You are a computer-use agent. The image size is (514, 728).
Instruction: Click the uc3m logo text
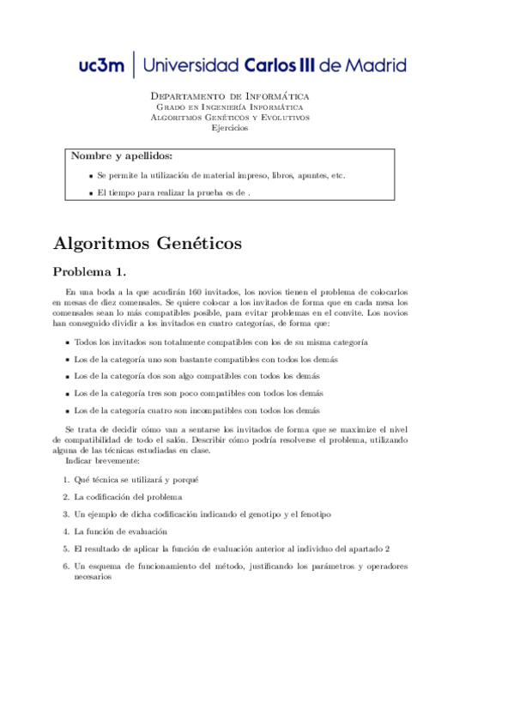click(101, 65)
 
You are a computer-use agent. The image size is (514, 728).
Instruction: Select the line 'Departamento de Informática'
click(230, 96)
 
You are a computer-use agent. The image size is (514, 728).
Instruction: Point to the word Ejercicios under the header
click(230, 128)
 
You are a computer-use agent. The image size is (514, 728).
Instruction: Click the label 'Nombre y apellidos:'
click(121, 156)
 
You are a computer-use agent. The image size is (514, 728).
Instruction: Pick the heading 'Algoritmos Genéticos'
click(148, 244)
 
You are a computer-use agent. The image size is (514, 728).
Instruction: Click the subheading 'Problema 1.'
click(89, 273)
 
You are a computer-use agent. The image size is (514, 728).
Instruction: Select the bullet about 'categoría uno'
click(206, 359)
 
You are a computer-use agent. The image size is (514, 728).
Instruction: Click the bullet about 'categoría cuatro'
click(197, 410)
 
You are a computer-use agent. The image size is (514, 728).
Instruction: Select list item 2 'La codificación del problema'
click(128, 496)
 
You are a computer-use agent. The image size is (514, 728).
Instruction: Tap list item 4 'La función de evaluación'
click(121, 531)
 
